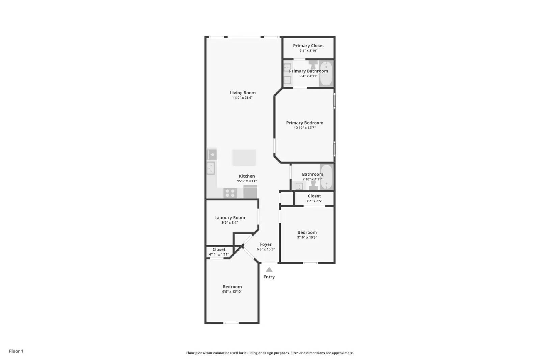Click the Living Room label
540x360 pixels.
[243, 93]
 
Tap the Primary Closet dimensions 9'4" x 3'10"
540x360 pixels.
[308, 51]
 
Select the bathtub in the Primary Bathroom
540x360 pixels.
[326, 74]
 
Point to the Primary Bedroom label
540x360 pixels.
[304, 123]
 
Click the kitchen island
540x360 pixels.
[244, 158]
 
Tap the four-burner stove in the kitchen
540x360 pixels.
[230, 193]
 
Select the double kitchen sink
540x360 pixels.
[211, 168]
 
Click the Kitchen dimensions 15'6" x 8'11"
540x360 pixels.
[247, 181]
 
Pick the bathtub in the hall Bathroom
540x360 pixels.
[326, 176]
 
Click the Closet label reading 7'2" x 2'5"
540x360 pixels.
[314, 196]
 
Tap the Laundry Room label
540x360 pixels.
[230, 218]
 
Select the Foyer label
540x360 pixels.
[266, 244]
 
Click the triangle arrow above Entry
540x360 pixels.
[269, 269]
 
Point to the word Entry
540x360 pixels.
[269, 277]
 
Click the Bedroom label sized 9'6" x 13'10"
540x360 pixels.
[232, 287]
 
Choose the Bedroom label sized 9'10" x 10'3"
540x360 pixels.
[307, 232]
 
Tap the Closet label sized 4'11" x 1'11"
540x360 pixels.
[219, 250]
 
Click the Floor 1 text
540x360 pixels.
[16, 351]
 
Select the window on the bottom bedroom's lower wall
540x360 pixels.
[231, 323]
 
